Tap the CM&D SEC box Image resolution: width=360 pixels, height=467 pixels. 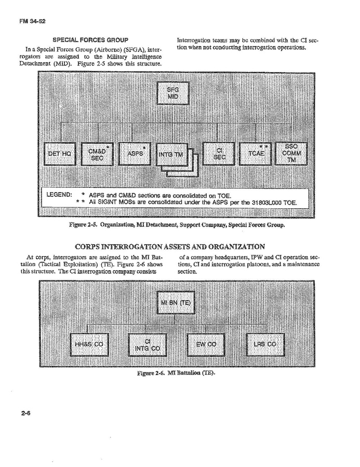tap(96, 154)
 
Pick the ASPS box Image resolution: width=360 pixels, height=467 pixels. tap(135, 154)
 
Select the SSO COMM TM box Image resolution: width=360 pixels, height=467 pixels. tap(291, 154)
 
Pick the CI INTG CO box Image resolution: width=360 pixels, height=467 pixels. tap(147, 344)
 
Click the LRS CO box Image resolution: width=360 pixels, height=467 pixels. tap(265, 344)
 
